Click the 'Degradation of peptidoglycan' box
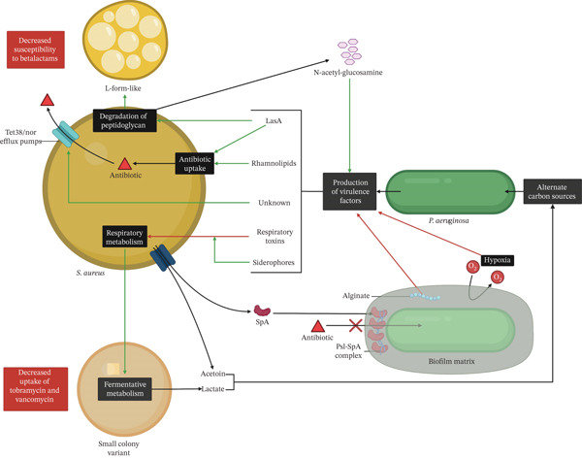coord(125,120)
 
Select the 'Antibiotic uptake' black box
coord(195,163)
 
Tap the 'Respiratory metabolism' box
coord(124,237)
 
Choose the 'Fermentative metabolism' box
coord(125,389)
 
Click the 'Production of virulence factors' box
coord(349,191)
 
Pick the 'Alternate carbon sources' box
coord(552,191)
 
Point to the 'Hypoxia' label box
coord(497,260)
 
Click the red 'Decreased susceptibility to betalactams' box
coord(36,49)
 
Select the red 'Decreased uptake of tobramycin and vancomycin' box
coord(36,389)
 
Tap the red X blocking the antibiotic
coord(356,326)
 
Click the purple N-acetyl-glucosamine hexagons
coord(349,51)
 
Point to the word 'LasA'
coord(274,120)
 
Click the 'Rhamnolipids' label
coord(274,163)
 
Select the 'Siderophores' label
coord(274,262)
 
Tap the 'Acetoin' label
coord(213,374)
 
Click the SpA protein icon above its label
coord(262,311)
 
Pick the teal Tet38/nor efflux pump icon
coord(66,134)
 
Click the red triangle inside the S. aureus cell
coord(125,164)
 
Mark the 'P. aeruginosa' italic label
coord(448,220)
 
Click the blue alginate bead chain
coord(425,296)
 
